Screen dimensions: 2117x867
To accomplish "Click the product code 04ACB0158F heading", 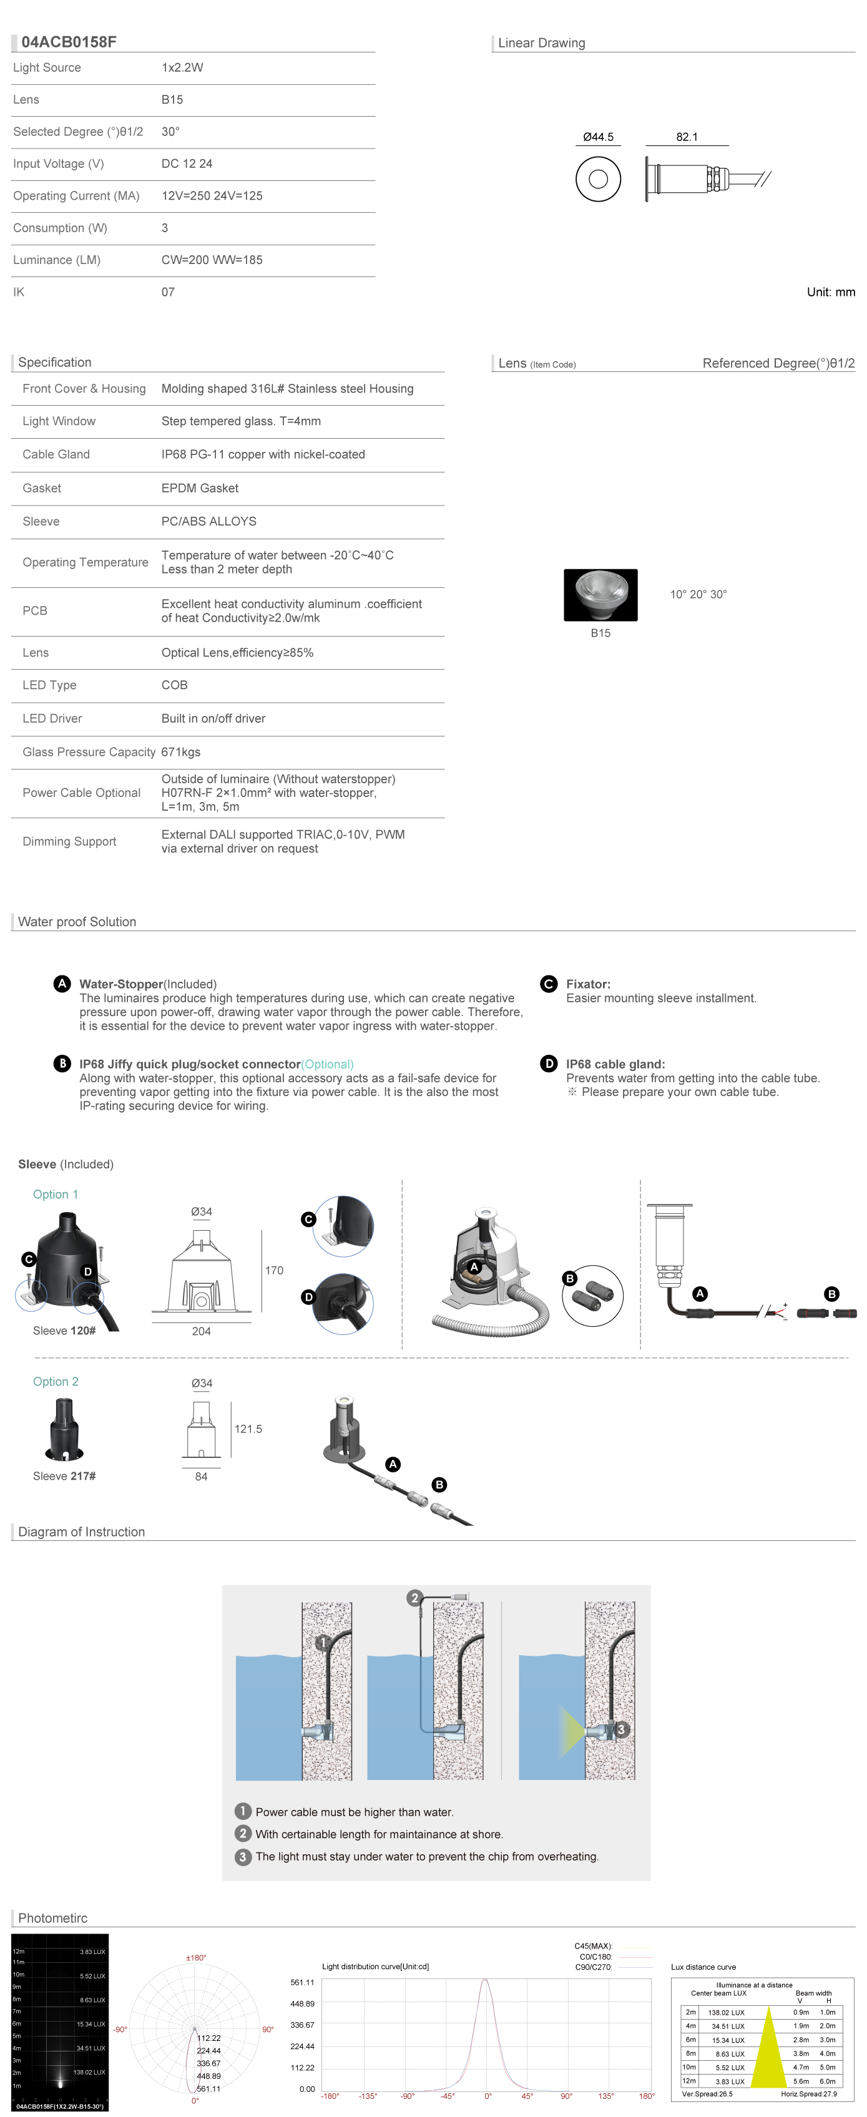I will pos(69,42).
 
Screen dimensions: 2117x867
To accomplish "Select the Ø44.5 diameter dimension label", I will pos(598,137).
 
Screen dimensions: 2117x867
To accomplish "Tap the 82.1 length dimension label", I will pos(687,137).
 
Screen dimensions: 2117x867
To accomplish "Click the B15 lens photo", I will pos(600,595).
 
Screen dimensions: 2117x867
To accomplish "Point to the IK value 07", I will pos(168,291).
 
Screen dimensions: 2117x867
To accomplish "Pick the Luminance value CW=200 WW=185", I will pos(212,260).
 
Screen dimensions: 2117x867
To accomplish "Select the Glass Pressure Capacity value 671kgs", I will pos(181,752).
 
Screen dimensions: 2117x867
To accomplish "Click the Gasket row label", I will pos(42,488).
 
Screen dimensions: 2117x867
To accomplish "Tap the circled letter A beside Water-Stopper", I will pos(62,984).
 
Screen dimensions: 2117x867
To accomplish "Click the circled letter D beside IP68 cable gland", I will pos(549,1063).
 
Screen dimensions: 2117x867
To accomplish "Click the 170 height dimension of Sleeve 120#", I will pos(275,1271).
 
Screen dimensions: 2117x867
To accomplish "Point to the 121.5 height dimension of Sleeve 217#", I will pos(248,1429).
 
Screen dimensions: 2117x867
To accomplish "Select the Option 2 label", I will pos(56,1381).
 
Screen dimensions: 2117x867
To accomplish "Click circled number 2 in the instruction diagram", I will pos(415,1598).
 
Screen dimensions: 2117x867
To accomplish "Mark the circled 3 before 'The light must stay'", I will pos(242,1857).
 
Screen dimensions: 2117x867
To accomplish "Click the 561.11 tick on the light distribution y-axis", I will pos(303,1982).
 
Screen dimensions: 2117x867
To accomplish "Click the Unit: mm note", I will pos(831,291).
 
